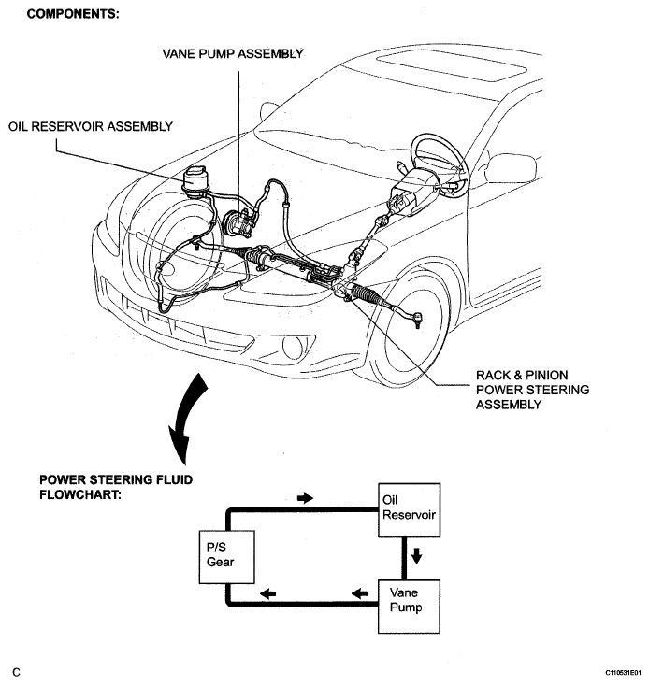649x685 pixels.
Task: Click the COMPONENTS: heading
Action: click(x=73, y=14)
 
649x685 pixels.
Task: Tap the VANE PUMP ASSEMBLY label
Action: click(x=233, y=53)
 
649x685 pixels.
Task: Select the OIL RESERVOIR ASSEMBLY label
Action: click(x=91, y=127)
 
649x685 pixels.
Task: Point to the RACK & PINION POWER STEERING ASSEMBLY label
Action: click(x=532, y=390)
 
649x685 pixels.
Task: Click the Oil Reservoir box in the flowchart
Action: click(x=409, y=510)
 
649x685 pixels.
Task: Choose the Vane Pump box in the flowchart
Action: click(x=409, y=607)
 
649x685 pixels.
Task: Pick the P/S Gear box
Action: click(x=227, y=557)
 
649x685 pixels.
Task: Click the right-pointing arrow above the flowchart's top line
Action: click(x=305, y=497)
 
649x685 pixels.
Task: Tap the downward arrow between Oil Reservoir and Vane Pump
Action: click(x=416, y=556)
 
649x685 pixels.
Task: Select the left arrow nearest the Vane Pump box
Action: click(x=359, y=593)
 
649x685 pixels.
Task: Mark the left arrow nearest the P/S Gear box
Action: click(x=267, y=593)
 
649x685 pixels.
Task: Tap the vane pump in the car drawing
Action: click(x=238, y=222)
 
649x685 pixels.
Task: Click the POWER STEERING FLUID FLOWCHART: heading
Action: click(x=116, y=487)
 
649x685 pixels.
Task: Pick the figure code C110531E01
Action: click(x=623, y=672)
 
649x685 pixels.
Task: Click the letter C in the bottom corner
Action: click(x=16, y=672)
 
